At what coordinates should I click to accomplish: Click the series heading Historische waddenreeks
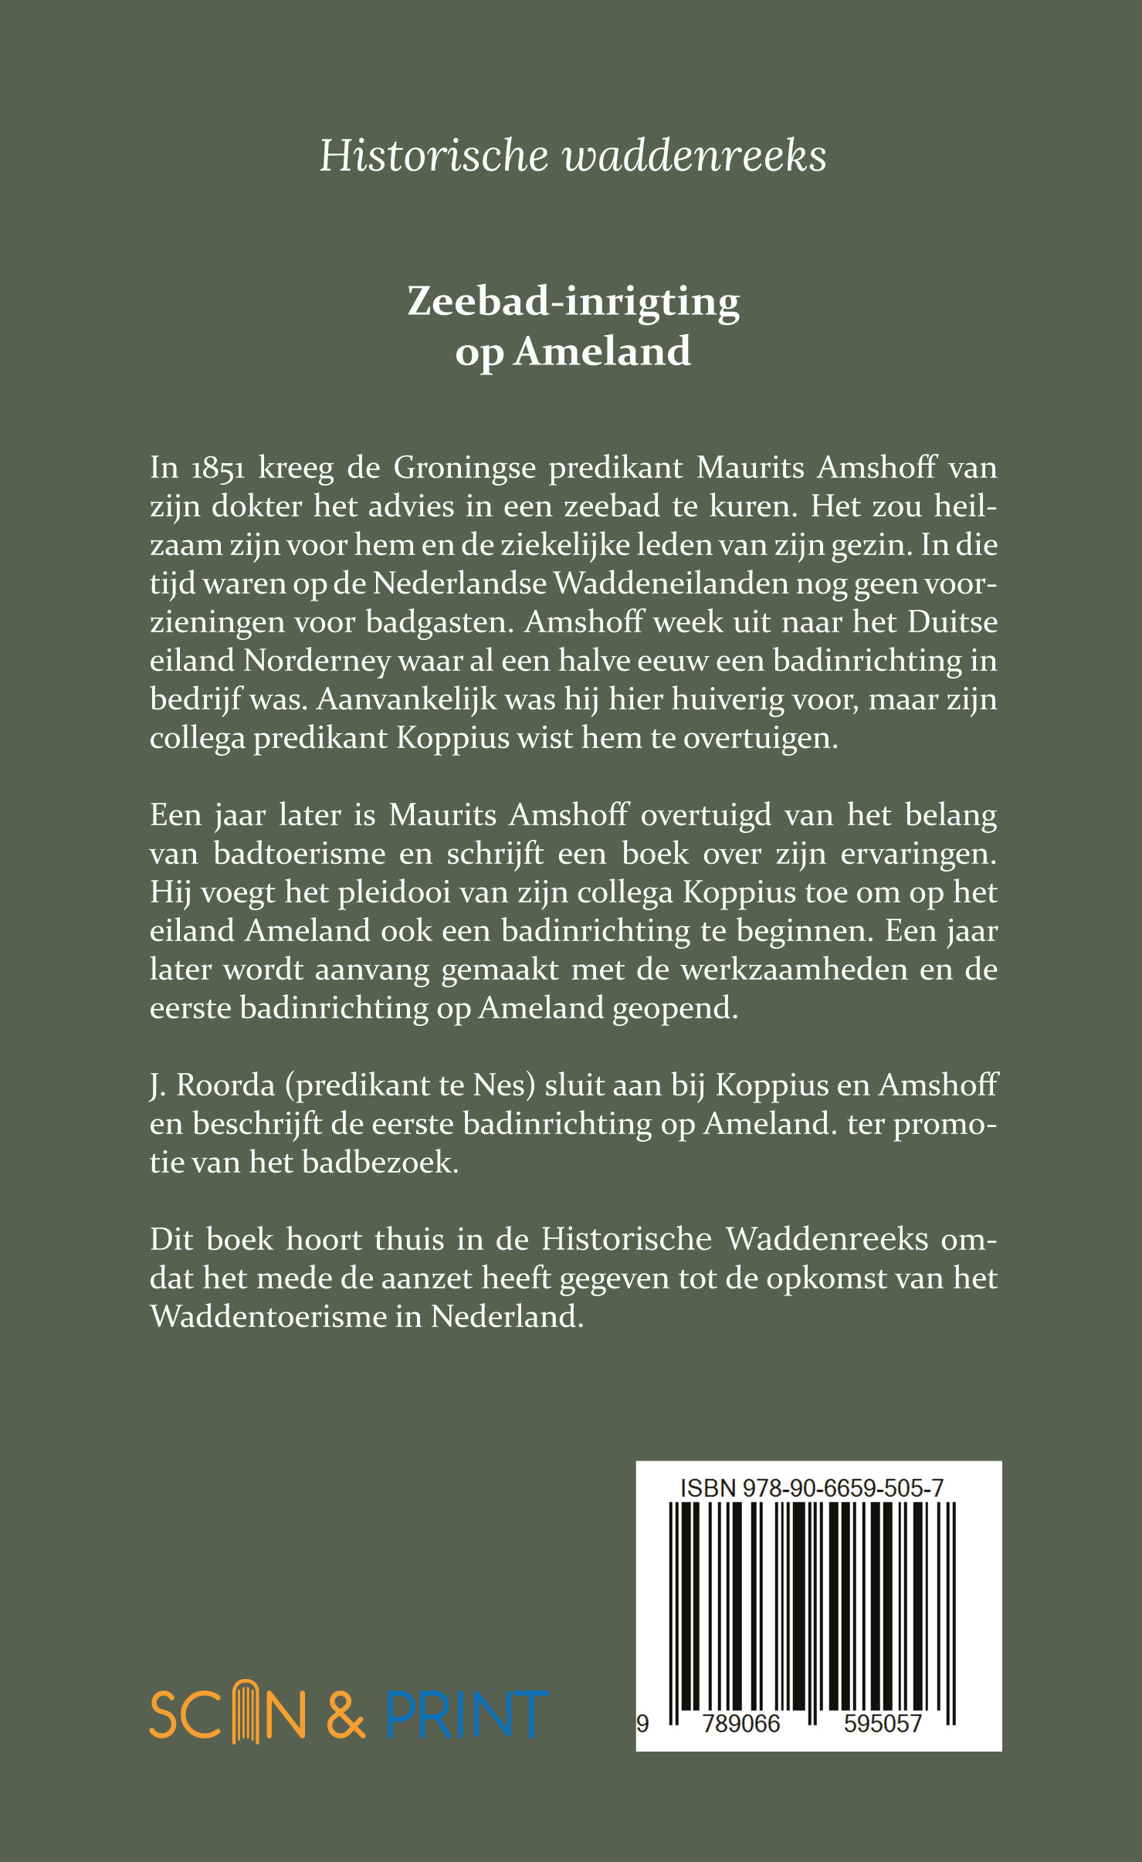pos(572,156)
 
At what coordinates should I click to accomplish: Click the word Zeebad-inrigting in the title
pos(573,301)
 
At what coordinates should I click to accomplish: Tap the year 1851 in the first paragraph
pos(219,469)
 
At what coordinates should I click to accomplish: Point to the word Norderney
pos(317,662)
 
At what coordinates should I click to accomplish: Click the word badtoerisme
pos(299,854)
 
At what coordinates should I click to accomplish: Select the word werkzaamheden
pos(793,970)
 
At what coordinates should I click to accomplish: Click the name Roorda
pos(225,1085)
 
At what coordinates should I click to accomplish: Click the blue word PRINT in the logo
pos(466,1715)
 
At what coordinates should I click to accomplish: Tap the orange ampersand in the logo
pos(345,1715)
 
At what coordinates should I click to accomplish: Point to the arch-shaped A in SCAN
pos(245,1712)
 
